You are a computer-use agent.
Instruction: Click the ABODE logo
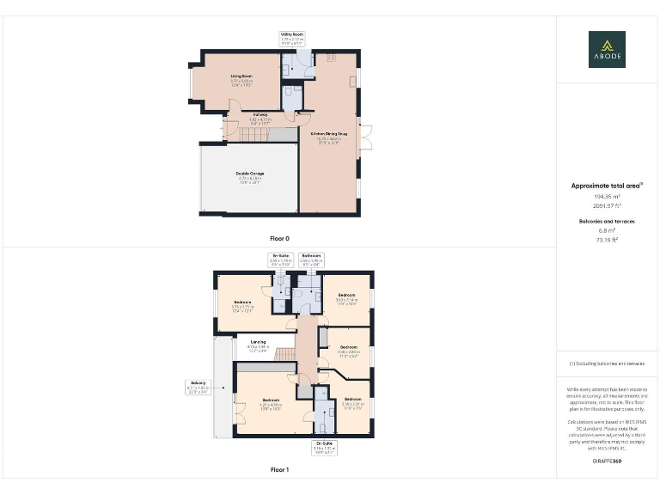[607, 49]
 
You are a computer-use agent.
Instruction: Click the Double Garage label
[250, 176]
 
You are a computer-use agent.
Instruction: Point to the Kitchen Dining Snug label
[329, 137]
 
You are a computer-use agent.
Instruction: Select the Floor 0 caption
[279, 237]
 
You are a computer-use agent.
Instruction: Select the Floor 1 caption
[279, 470]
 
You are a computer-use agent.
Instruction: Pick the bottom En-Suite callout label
[324, 448]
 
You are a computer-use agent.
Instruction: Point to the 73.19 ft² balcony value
[607, 241]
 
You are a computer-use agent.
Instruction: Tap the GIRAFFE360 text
[607, 461]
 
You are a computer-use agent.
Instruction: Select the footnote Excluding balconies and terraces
[607, 364]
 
